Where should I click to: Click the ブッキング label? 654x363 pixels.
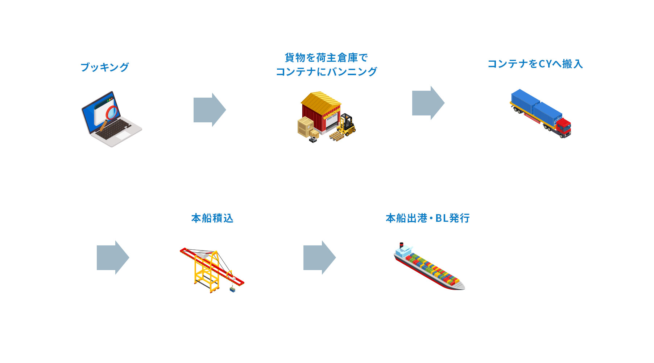[x=104, y=67]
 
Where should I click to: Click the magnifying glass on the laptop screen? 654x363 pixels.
[x=112, y=112]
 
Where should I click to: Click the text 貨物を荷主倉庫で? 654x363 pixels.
[x=326, y=58]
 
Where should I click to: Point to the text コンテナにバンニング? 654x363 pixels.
[x=326, y=72]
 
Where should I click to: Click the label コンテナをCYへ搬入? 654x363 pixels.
[x=535, y=64]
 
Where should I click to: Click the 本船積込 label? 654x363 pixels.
[x=212, y=218]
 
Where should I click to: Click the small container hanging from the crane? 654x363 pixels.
[x=232, y=290]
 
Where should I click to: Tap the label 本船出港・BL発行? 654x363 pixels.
[x=427, y=218]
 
